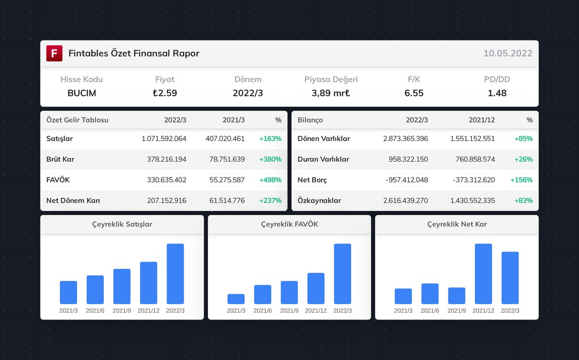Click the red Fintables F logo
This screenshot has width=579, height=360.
(55, 53)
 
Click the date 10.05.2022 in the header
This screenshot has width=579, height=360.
(508, 53)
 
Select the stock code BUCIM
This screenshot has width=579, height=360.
(82, 93)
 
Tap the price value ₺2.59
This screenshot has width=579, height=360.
(165, 93)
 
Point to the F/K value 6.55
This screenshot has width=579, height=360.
(414, 93)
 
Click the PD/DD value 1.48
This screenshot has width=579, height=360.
(497, 93)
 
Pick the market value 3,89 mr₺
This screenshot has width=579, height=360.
(331, 93)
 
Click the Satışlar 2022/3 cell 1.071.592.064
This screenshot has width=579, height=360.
(164, 138)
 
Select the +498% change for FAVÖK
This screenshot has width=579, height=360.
(270, 180)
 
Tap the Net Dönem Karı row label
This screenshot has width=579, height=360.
(73, 200)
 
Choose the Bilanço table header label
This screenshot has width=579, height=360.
(310, 120)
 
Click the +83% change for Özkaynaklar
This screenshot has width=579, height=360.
(523, 200)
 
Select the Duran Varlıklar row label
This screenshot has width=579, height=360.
(323, 159)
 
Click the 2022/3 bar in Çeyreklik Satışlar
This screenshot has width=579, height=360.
(175, 274)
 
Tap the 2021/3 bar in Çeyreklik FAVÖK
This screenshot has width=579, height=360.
(236, 299)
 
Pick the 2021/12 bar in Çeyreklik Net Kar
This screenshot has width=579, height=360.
(483, 274)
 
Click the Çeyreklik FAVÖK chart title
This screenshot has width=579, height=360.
(289, 224)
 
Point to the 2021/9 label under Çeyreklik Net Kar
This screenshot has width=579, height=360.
(456, 311)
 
